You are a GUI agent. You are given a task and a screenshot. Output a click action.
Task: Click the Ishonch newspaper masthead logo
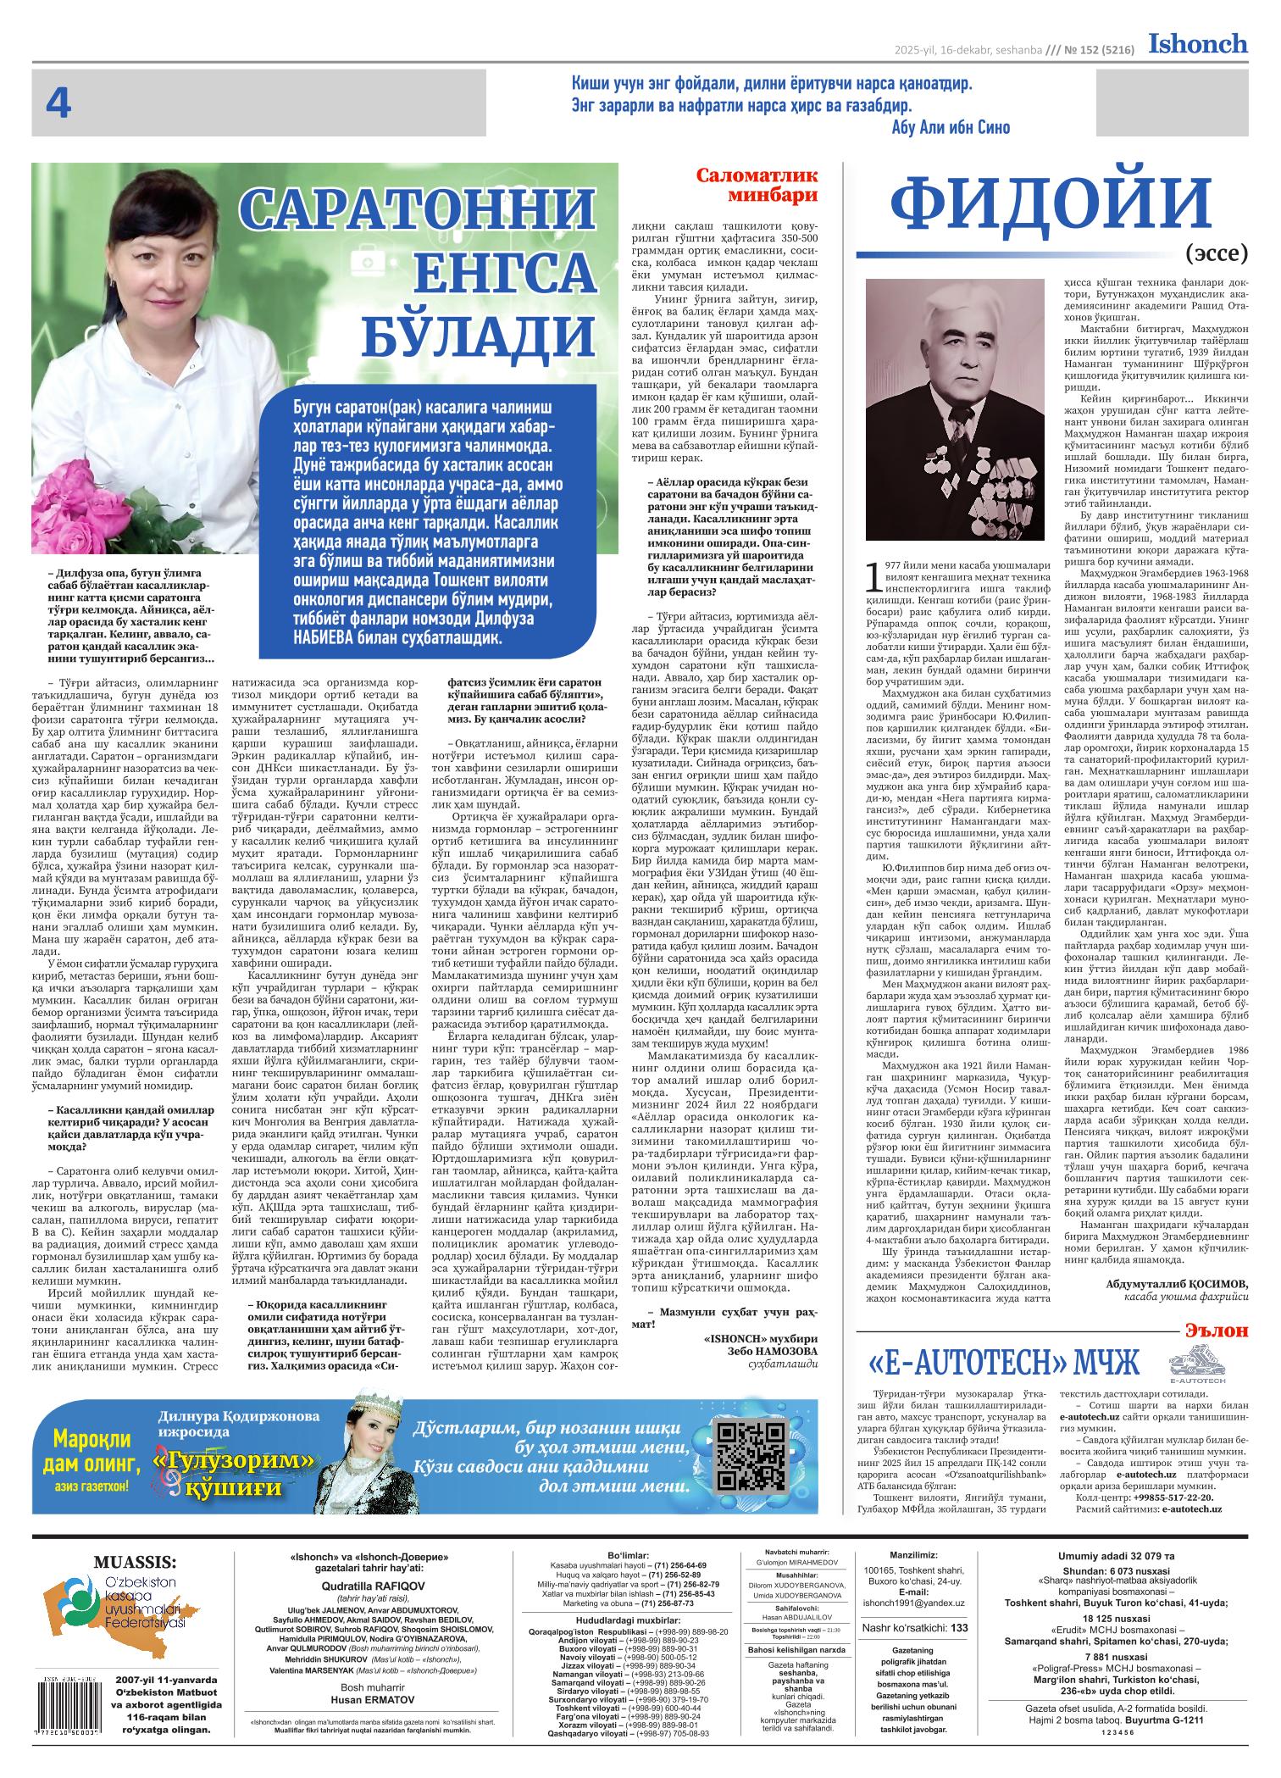pyautogui.click(x=1198, y=43)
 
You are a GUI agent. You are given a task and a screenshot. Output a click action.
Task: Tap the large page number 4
pyautogui.click(x=58, y=105)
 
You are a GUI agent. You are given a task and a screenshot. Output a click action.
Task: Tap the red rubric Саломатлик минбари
pyautogui.click(x=757, y=185)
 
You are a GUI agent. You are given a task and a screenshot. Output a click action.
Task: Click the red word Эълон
pyautogui.click(x=1217, y=1330)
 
